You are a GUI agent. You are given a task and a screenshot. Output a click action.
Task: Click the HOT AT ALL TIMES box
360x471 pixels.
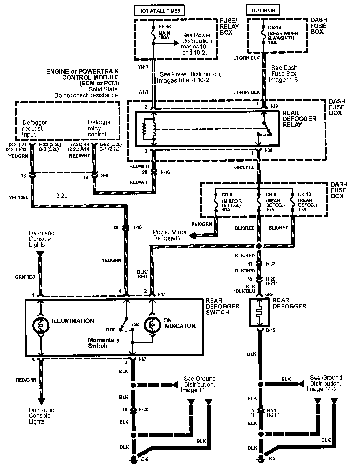pos(160,11)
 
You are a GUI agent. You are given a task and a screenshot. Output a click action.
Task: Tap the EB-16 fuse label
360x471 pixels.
pos(164,27)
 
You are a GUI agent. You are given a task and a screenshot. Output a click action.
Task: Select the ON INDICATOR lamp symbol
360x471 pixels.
pos(152,324)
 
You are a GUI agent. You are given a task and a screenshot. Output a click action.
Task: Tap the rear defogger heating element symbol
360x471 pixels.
pos(259,312)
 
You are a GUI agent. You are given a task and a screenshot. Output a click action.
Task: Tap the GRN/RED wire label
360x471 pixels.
pos(25,277)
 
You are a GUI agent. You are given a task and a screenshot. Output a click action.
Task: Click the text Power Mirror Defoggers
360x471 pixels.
pos(170,235)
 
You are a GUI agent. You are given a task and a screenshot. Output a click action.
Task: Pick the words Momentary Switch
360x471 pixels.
pos(104,343)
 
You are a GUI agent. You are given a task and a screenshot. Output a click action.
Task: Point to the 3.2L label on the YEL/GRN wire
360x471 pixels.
pos(62,196)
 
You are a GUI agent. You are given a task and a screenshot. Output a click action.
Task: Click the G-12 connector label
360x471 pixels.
pos(271,330)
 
